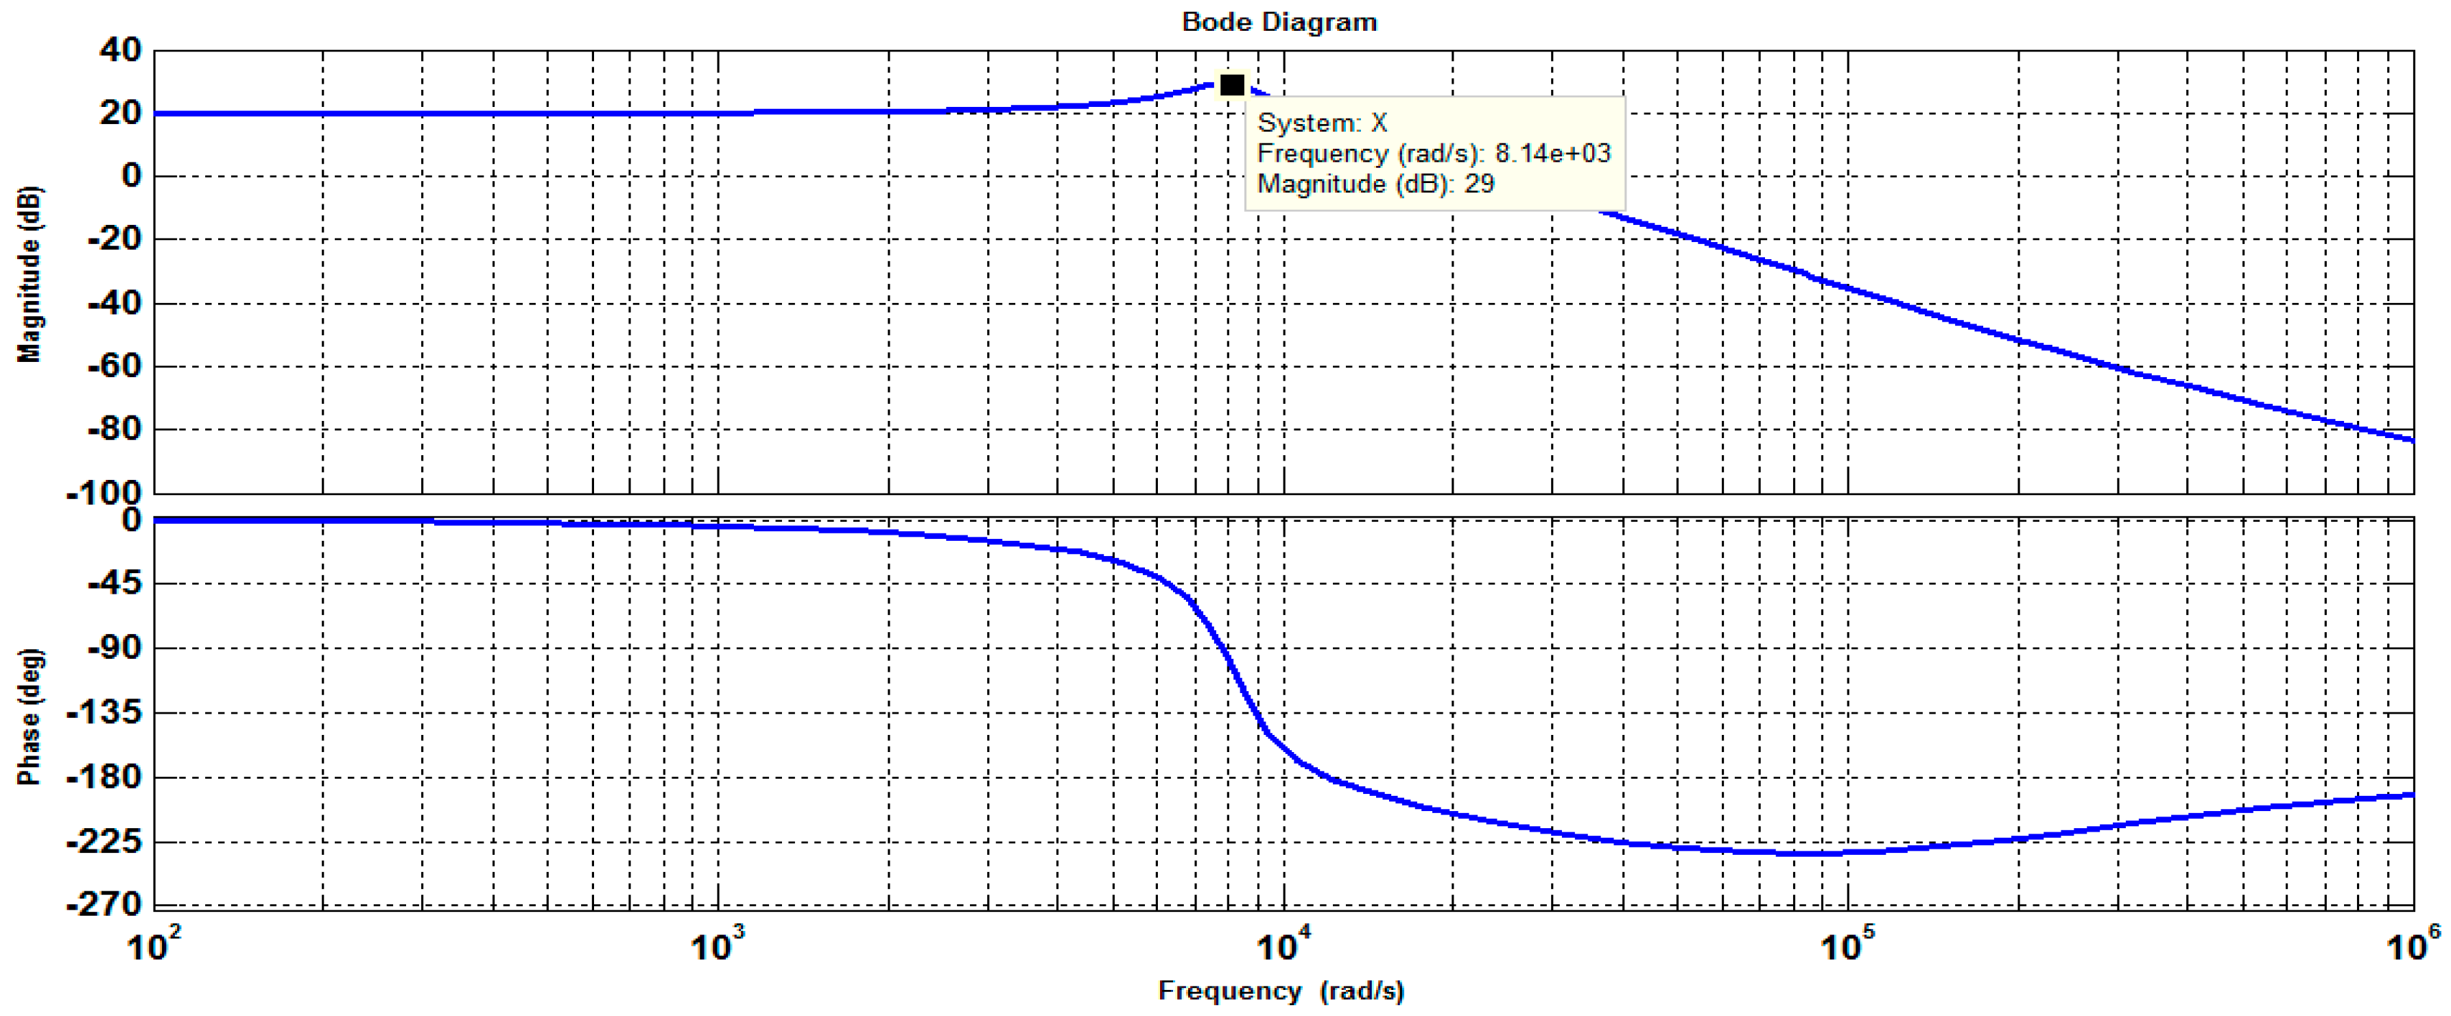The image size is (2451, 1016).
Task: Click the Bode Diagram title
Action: [1279, 21]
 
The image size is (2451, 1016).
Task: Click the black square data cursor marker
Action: [1231, 86]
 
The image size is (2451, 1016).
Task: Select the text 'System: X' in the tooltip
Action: [1322, 123]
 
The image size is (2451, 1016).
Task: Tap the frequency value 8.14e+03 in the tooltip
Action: [1552, 153]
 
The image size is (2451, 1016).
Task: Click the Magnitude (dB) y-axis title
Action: [29, 274]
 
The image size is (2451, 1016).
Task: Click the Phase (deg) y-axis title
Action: [29, 716]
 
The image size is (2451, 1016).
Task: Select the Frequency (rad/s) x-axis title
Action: [1280, 991]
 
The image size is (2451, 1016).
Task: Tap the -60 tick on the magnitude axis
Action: [113, 365]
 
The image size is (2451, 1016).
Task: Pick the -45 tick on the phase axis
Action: [113, 583]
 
